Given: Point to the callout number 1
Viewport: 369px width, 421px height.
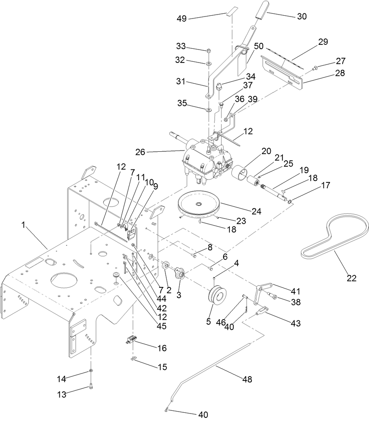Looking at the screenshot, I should tap(23, 225).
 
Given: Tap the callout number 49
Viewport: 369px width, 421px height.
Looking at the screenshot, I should tap(182, 18).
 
